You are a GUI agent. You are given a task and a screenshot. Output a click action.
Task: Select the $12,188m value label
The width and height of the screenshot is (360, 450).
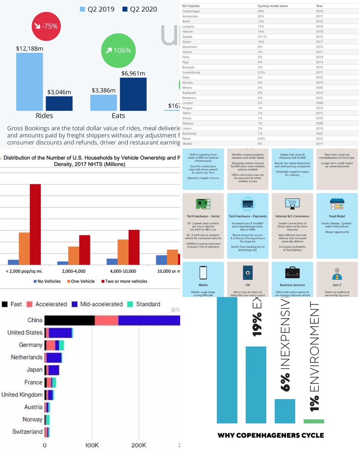[29, 48]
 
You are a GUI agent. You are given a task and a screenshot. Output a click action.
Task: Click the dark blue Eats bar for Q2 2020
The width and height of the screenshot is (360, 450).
[133, 94]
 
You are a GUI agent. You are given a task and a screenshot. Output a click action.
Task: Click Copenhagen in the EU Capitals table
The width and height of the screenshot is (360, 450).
[191, 11]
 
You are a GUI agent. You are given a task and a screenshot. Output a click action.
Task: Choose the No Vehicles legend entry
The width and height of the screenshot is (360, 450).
[47, 281]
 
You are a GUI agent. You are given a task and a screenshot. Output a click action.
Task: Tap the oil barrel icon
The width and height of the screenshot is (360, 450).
[247, 272]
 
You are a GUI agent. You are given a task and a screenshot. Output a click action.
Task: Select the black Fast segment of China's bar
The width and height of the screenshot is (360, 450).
[69, 320]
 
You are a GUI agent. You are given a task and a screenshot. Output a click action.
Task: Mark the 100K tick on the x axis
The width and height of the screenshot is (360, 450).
[92, 445]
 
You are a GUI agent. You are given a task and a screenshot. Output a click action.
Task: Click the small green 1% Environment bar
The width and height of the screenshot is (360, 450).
[313, 421]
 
